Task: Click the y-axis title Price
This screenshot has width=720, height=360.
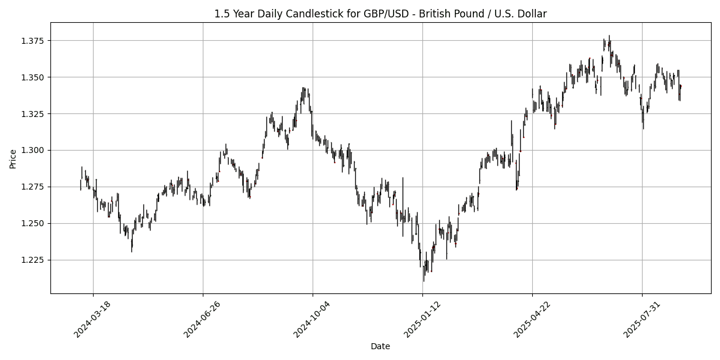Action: [x=13, y=158]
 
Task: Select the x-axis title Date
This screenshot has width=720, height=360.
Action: [x=380, y=346]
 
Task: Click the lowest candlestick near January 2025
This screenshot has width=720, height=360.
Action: [x=423, y=277]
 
